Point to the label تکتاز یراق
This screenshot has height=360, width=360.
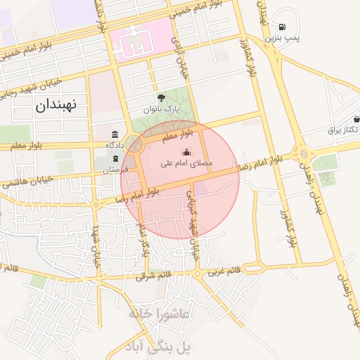pos(344,130)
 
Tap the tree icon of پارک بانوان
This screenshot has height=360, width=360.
pos(162,98)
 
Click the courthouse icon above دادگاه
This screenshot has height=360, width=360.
pos(115,134)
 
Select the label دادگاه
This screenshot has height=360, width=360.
pos(115,144)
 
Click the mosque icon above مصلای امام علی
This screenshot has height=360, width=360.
pos(186,152)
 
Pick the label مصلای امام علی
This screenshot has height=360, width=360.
pos(187,162)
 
